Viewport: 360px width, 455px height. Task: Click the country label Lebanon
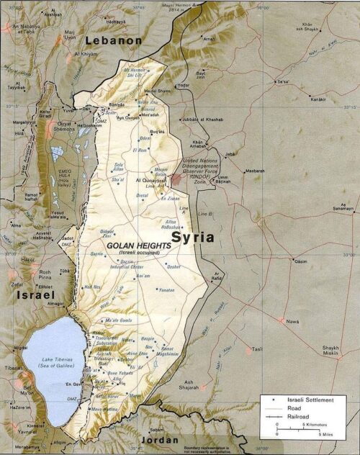pos(114,41)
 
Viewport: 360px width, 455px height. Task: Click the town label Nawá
pos(292,322)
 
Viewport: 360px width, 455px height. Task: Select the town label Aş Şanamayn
pos(343,208)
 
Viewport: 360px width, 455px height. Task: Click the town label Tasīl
pos(257,350)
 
